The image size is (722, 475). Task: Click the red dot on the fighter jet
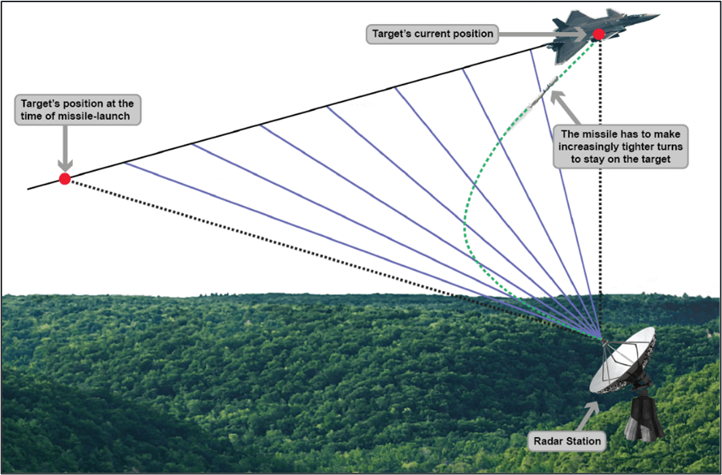(599, 34)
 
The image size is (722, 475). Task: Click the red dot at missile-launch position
(65, 179)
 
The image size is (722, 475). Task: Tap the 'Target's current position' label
(432, 34)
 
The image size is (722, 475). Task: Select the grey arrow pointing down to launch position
(65, 149)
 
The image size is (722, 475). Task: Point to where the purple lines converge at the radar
(600, 337)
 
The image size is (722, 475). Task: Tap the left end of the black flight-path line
(29, 189)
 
